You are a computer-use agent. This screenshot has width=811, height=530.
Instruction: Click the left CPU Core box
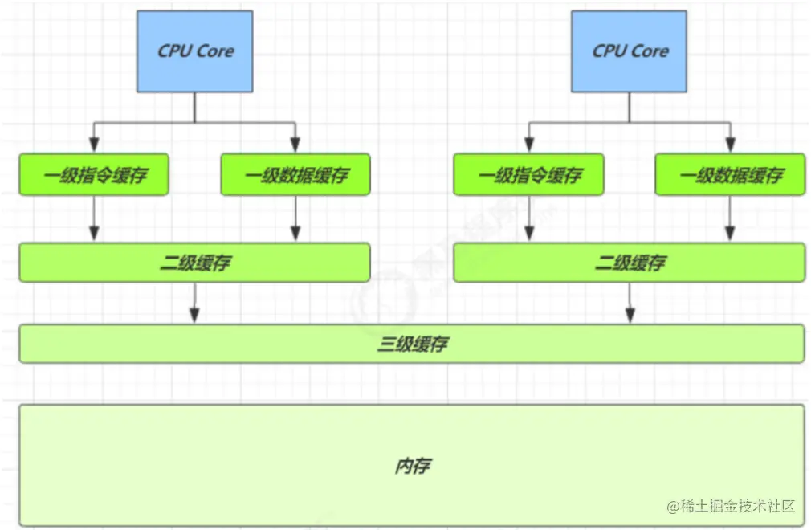coord(195,51)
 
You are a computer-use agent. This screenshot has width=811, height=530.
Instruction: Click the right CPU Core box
coord(630,51)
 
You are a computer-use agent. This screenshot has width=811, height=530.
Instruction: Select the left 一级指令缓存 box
coord(94,175)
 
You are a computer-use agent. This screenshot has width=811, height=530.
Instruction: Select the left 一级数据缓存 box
coord(295,175)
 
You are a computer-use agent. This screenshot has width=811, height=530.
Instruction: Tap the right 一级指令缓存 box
coord(528,175)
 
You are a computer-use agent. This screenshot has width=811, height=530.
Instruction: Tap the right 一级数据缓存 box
coord(730,175)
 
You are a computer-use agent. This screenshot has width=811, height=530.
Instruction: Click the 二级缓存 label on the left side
coord(194,263)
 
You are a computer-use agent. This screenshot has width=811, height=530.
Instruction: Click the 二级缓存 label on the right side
coord(630,263)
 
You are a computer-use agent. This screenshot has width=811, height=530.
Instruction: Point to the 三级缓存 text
coord(412,344)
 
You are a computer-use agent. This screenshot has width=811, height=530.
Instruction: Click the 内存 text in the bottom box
coord(412,466)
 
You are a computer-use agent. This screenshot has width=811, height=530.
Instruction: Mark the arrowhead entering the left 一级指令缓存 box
coord(94,145)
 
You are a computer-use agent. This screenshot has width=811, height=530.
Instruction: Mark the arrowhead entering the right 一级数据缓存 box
coord(730,145)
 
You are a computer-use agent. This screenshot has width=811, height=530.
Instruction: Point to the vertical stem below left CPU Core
coord(195,107)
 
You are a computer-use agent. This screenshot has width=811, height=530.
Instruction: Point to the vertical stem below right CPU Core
coord(630,107)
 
